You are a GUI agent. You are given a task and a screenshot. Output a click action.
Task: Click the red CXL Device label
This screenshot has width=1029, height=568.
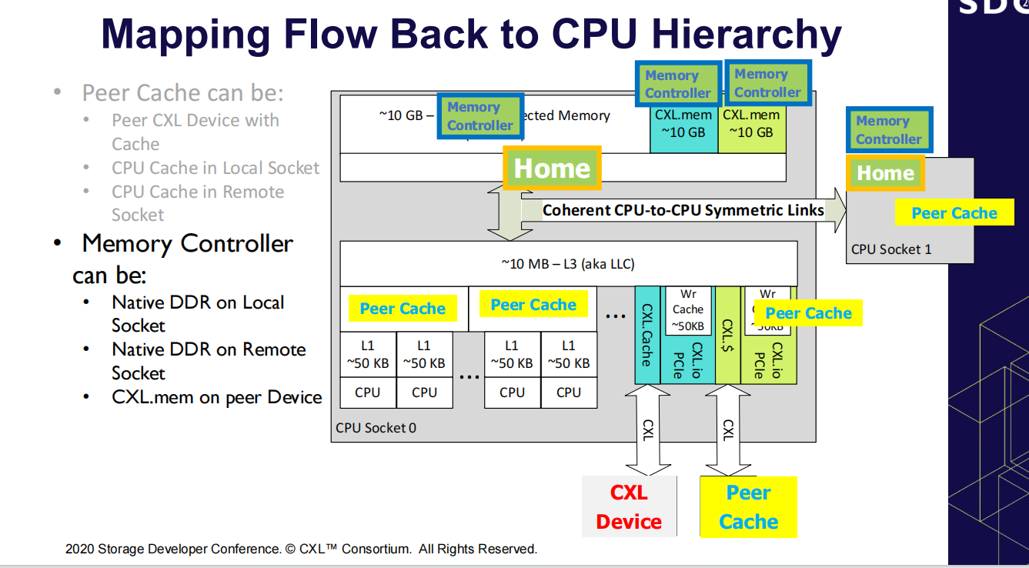coord(629,506)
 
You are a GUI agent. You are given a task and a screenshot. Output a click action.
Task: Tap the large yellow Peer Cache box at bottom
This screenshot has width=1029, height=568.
coord(748,506)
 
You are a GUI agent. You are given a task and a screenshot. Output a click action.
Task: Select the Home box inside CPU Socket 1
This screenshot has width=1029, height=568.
coord(885,173)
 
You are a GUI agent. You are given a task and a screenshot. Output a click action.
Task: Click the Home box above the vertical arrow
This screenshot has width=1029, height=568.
coord(552,169)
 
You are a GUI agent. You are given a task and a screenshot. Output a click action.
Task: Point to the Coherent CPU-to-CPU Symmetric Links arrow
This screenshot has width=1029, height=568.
coord(683,210)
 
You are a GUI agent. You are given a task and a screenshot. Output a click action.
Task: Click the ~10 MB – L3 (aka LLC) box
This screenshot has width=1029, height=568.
coord(568,264)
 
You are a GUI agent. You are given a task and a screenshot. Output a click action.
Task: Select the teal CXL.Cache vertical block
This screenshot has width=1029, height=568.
coord(646,336)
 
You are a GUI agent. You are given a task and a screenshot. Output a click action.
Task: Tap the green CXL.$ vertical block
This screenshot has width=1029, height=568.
coord(727,336)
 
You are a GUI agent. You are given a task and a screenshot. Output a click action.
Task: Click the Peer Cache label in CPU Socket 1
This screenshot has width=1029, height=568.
coord(954,213)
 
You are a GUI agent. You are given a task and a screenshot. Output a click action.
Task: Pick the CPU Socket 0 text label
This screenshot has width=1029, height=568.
coord(376,428)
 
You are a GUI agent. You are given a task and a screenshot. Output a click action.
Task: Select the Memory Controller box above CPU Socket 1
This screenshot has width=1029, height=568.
coord(888,130)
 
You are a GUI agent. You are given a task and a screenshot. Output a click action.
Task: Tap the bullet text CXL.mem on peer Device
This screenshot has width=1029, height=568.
coord(216,397)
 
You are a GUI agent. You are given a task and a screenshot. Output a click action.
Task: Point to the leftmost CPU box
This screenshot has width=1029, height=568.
coord(368,393)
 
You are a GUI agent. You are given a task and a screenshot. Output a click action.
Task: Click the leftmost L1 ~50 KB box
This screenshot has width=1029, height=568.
coord(368,355)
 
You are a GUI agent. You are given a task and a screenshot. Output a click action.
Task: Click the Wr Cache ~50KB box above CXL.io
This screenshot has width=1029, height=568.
coord(687,309)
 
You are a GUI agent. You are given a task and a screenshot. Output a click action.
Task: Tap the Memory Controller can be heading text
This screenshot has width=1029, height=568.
coord(185,258)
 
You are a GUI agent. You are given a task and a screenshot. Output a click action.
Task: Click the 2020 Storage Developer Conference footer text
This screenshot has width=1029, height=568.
coord(301,549)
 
